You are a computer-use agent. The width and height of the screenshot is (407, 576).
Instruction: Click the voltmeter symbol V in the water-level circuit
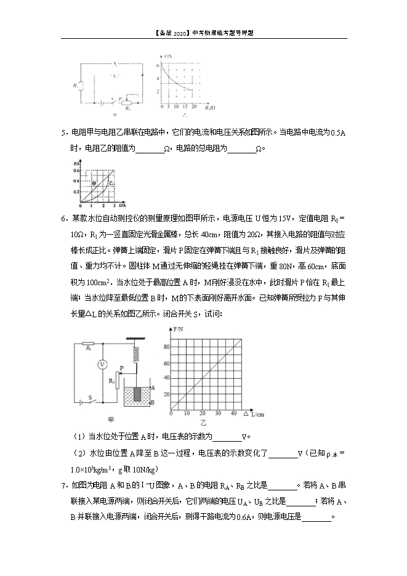[x=103, y=365]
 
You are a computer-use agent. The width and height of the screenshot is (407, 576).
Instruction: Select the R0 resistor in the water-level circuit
[x=89, y=344]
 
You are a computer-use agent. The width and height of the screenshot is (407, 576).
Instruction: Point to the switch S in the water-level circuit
[x=91, y=402]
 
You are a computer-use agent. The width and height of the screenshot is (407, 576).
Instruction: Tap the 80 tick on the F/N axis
[x=164, y=346]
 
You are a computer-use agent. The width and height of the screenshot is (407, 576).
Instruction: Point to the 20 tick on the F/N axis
[x=164, y=392]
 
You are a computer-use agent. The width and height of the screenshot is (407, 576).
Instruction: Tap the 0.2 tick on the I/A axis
[x=77, y=192]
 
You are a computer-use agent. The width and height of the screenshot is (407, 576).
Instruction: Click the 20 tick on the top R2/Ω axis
[x=193, y=107]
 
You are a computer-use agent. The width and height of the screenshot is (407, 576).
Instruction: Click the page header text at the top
[x=203, y=33]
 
